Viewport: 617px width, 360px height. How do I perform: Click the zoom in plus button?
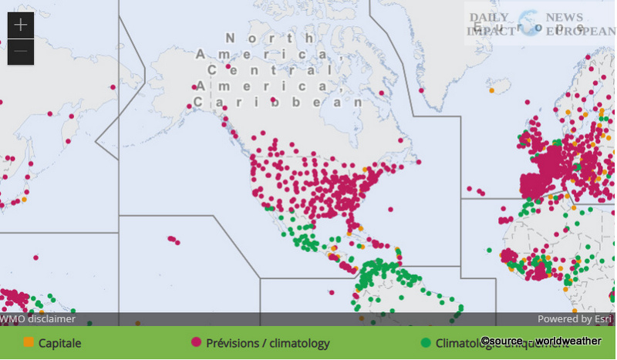(20, 25)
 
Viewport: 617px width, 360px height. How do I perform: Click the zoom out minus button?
(20, 52)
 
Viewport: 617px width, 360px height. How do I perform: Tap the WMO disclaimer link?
(38, 318)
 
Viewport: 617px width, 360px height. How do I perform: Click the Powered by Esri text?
(575, 318)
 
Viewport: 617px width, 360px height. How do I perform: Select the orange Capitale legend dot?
(29, 342)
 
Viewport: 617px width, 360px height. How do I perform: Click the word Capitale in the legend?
(60, 343)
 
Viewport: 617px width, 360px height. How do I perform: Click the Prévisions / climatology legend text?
(268, 343)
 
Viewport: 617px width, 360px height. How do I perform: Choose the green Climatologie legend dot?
(426, 342)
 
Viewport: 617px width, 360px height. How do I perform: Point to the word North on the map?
(270, 38)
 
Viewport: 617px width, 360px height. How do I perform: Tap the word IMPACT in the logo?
(489, 32)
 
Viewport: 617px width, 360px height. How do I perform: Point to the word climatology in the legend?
(297, 343)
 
